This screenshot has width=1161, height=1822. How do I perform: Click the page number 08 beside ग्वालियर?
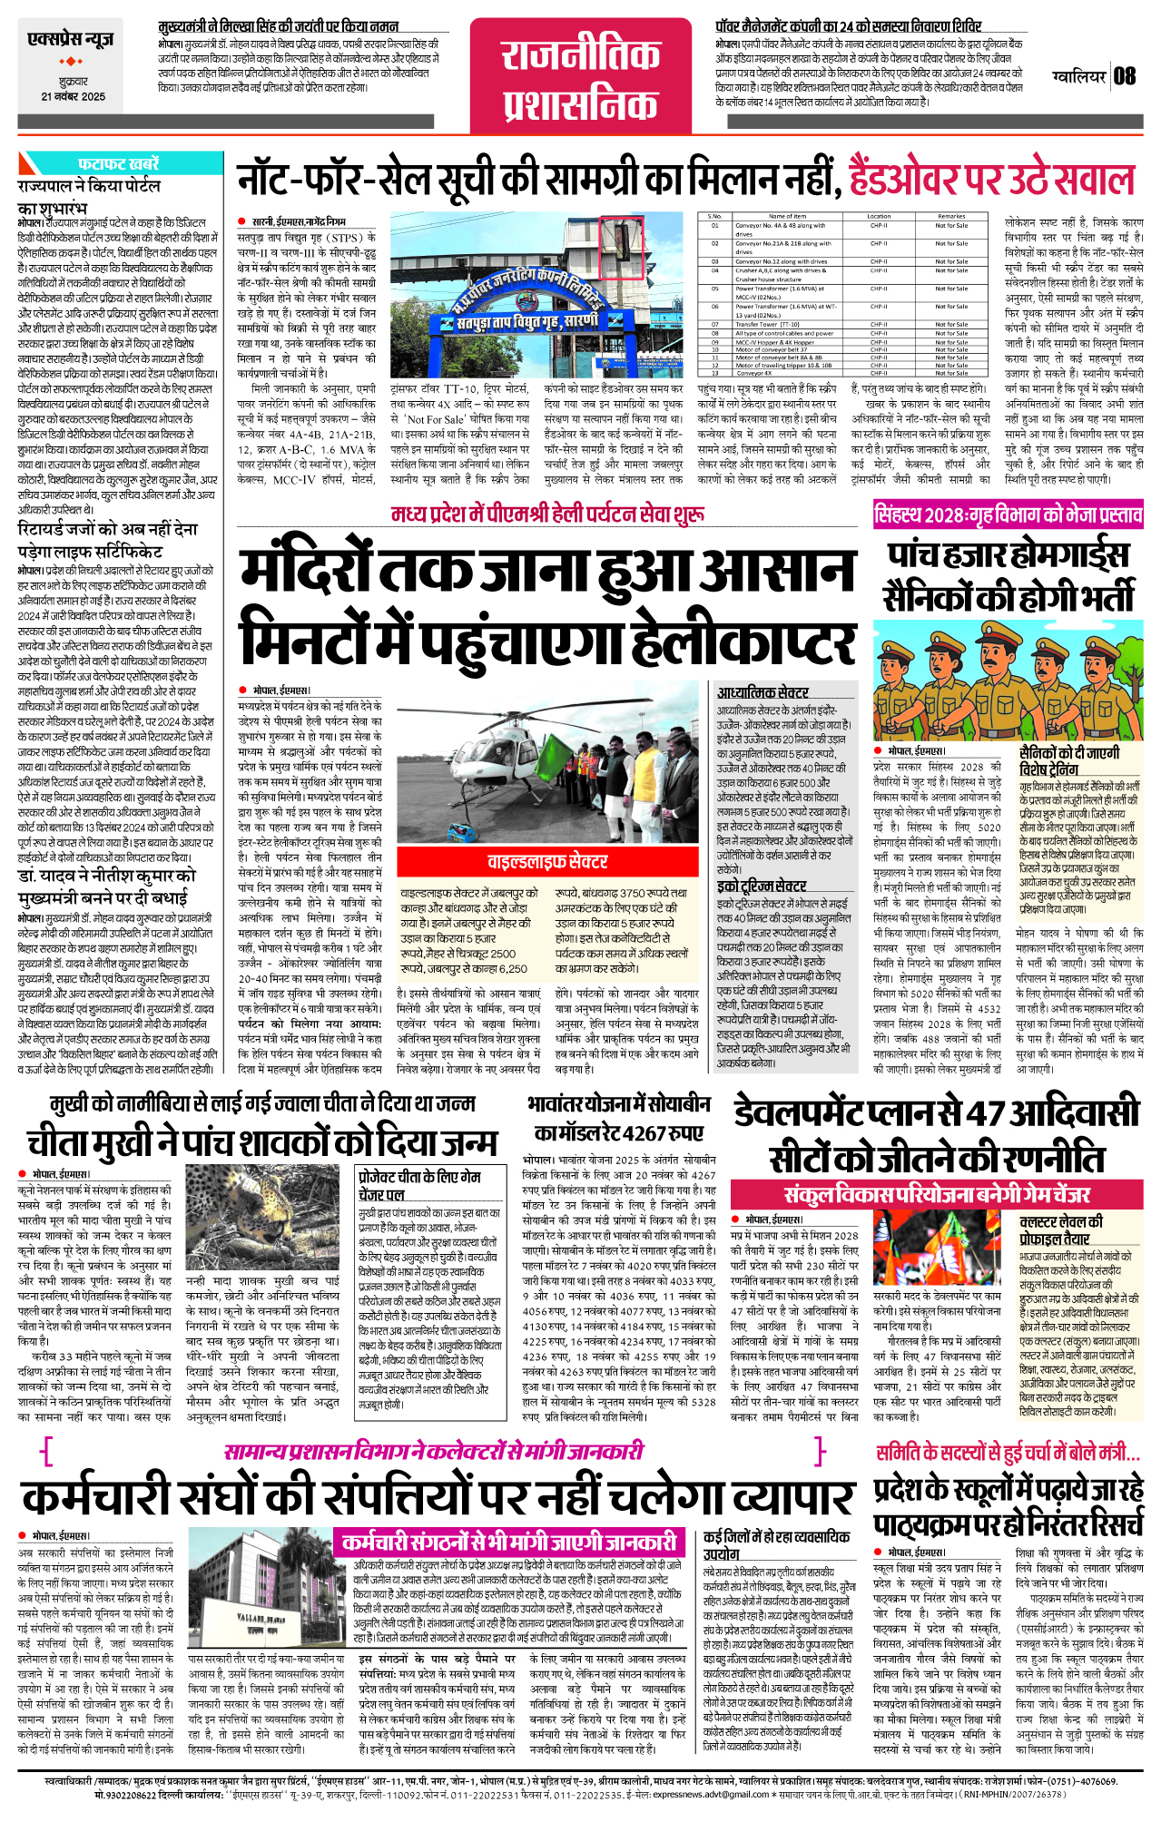click(x=1125, y=75)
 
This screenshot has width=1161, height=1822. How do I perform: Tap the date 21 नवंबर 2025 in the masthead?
click(x=73, y=97)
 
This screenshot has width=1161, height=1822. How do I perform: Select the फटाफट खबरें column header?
click(x=118, y=163)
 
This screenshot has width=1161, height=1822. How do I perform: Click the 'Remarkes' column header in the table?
click(x=951, y=216)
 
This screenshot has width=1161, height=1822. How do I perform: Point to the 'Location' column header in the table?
click(x=879, y=216)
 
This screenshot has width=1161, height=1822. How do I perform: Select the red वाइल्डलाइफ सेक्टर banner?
click(x=547, y=861)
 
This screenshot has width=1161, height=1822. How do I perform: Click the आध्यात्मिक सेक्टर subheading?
click(x=763, y=692)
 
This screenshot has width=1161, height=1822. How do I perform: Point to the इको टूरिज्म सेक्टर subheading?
click(x=761, y=886)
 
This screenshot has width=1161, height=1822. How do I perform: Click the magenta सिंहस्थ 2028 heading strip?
click(x=1008, y=515)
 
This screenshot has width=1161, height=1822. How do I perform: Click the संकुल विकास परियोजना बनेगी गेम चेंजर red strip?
click(x=937, y=1194)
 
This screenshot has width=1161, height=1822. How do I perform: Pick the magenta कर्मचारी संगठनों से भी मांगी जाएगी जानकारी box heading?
click(x=509, y=1542)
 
